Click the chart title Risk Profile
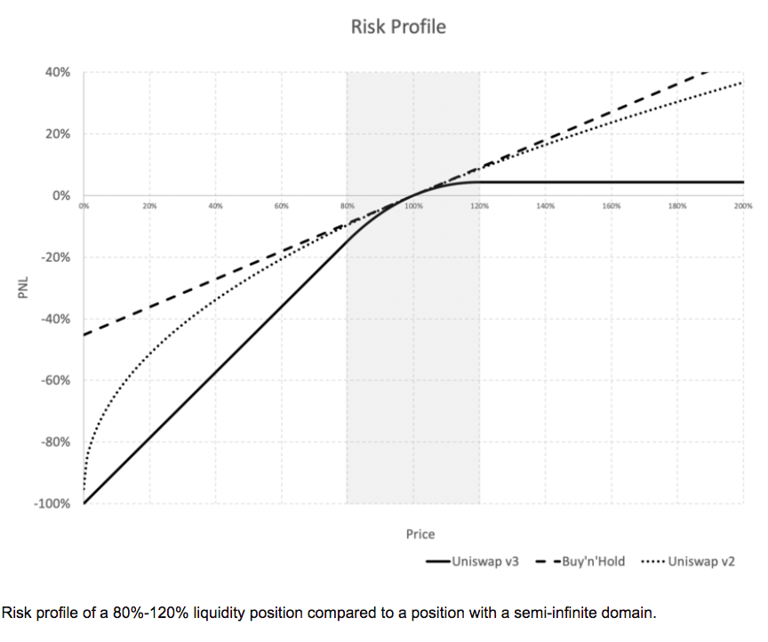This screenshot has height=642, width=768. (x=398, y=27)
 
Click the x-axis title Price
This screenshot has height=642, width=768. (x=420, y=534)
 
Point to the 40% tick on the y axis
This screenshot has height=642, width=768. (x=58, y=72)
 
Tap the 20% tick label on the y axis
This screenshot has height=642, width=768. (x=58, y=134)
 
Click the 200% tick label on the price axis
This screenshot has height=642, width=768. (x=743, y=205)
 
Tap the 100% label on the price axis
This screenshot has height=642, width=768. (x=413, y=205)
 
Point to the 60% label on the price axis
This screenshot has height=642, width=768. (x=281, y=205)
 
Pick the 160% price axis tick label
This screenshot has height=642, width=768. (x=612, y=205)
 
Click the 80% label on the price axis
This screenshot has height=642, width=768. (x=347, y=205)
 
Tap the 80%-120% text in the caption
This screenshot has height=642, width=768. (x=121, y=613)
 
